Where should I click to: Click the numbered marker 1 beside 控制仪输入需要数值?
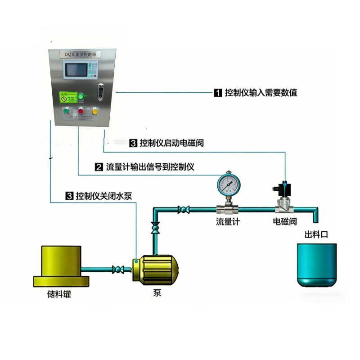[217, 93]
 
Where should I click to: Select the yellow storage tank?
[61, 265]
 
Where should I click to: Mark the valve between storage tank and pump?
[118, 270]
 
